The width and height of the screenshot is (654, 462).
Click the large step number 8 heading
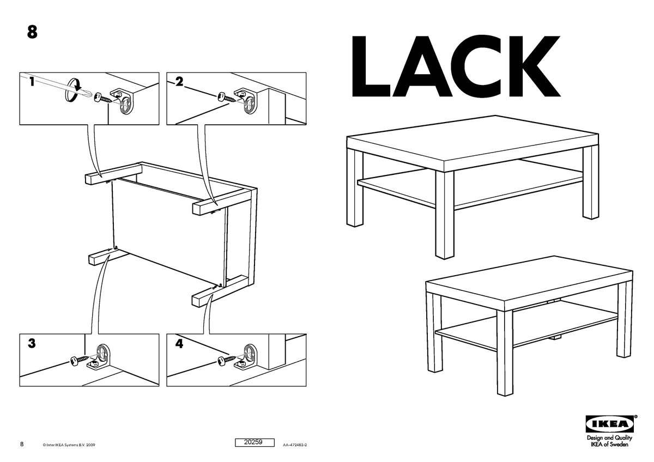(x=32, y=32)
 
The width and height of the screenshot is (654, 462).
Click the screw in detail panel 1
(x=103, y=98)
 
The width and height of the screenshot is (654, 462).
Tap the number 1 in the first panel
(x=32, y=81)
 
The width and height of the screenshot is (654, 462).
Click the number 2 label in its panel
(x=179, y=81)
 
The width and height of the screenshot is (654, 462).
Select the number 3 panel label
(x=32, y=344)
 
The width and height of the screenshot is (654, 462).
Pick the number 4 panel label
(x=179, y=344)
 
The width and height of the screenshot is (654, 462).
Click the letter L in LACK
(x=371, y=66)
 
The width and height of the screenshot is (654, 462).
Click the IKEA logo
(x=609, y=424)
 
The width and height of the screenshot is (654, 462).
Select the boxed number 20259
(x=255, y=442)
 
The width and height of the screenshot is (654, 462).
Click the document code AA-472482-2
(x=295, y=445)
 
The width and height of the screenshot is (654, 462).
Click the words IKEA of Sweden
(x=609, y=445)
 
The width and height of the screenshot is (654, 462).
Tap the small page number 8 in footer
(x=22, y=444)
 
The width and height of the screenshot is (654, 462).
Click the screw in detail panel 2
(x=226, y=97)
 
